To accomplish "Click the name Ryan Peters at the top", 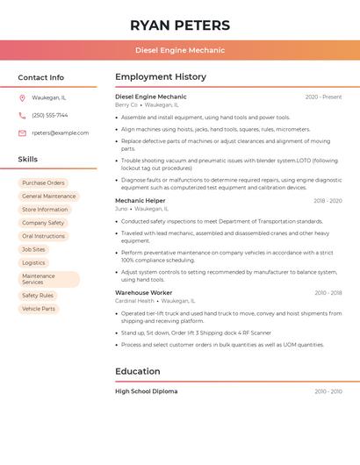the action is point(180,25).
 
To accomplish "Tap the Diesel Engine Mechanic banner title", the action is point(180,50).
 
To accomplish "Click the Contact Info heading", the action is point(40,77).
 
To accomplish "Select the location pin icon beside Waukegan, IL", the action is point(22,97).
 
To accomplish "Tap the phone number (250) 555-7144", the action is point(49,115).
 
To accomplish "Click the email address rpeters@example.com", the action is point(60,132).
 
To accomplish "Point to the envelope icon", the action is point(22,132).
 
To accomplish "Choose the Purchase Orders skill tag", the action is point(43,182).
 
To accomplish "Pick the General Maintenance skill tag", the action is point(48,196).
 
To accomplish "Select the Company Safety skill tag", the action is point(43,223).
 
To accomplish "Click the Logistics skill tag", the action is point(33,262).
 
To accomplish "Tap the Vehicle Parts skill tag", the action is point(39,309).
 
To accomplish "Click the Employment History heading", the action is point(161,77).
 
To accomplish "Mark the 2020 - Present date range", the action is point(323,97).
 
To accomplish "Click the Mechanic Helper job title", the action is point(140,200).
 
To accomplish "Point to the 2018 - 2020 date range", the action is point(328,201).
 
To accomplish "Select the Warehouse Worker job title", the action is point(144,292).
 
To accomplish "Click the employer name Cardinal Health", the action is point(134,301).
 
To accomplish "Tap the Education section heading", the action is point(137,371).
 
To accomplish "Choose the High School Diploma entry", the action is point(146,391).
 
